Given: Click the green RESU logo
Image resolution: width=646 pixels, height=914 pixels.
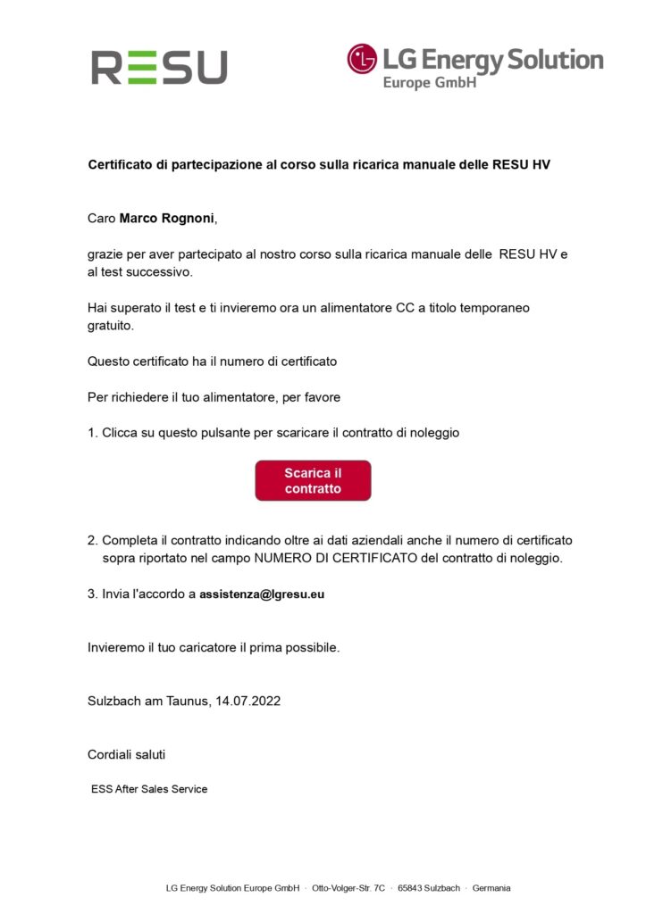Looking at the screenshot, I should tap(159, 67).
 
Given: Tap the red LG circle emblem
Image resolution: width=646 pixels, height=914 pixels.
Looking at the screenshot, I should tap(362, 59).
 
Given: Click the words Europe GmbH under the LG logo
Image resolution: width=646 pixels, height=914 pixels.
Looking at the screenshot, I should tap(429, 82).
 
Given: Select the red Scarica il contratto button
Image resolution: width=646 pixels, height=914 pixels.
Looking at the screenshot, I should tap(313, 481).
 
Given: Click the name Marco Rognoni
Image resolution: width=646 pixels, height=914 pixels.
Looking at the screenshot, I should tap(167, 219).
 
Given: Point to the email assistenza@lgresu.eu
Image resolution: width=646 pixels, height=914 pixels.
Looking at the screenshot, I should tap(262, 594).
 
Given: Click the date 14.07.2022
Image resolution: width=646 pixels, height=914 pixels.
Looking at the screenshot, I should tap(247, 701).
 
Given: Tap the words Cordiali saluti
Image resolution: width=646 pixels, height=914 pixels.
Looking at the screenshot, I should tap(126, 754).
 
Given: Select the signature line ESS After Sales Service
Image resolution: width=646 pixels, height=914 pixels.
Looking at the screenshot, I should tap(149, 789).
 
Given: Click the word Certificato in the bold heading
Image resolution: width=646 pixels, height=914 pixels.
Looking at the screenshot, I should tap(121, 165).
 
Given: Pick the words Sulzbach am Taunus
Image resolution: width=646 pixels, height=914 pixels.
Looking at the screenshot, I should tap(148, 701).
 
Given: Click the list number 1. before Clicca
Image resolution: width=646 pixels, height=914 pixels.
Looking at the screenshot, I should tap(93, 433).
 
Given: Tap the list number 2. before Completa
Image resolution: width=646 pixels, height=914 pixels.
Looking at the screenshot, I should tap(93, 540).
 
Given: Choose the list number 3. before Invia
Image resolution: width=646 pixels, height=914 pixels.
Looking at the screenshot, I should tap(93, 594).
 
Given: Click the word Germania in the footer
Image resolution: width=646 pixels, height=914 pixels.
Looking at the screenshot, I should tap(491, 888).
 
